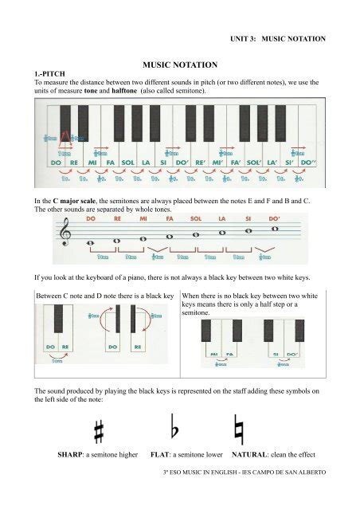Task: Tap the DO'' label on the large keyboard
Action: pyautogui.click(x=300, y=163)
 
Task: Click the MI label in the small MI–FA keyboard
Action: pyautogui.click(x=213, y=353)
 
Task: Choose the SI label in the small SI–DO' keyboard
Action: pyautogui.click(x=268, y=353)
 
